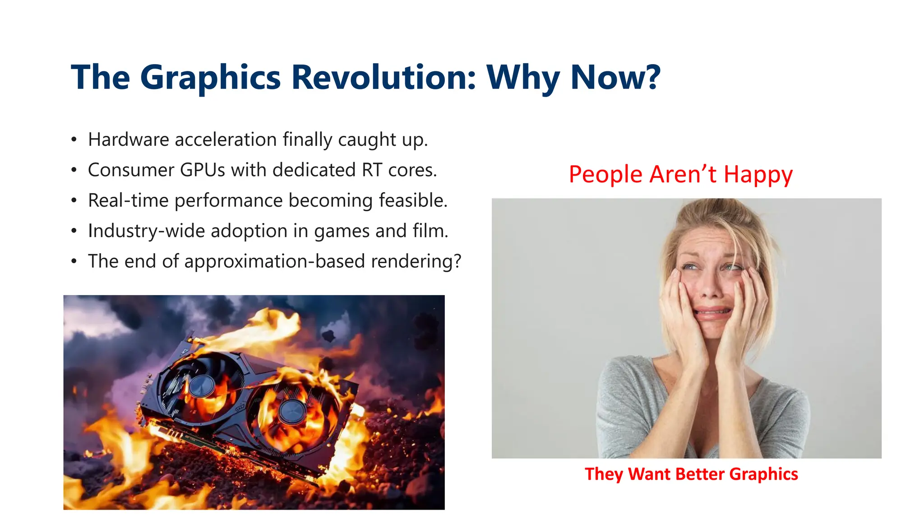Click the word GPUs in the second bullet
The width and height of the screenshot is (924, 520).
point(203,170)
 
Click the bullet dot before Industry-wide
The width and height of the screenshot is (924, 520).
point(74,231)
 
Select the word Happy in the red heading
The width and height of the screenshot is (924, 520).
point(758,175)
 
